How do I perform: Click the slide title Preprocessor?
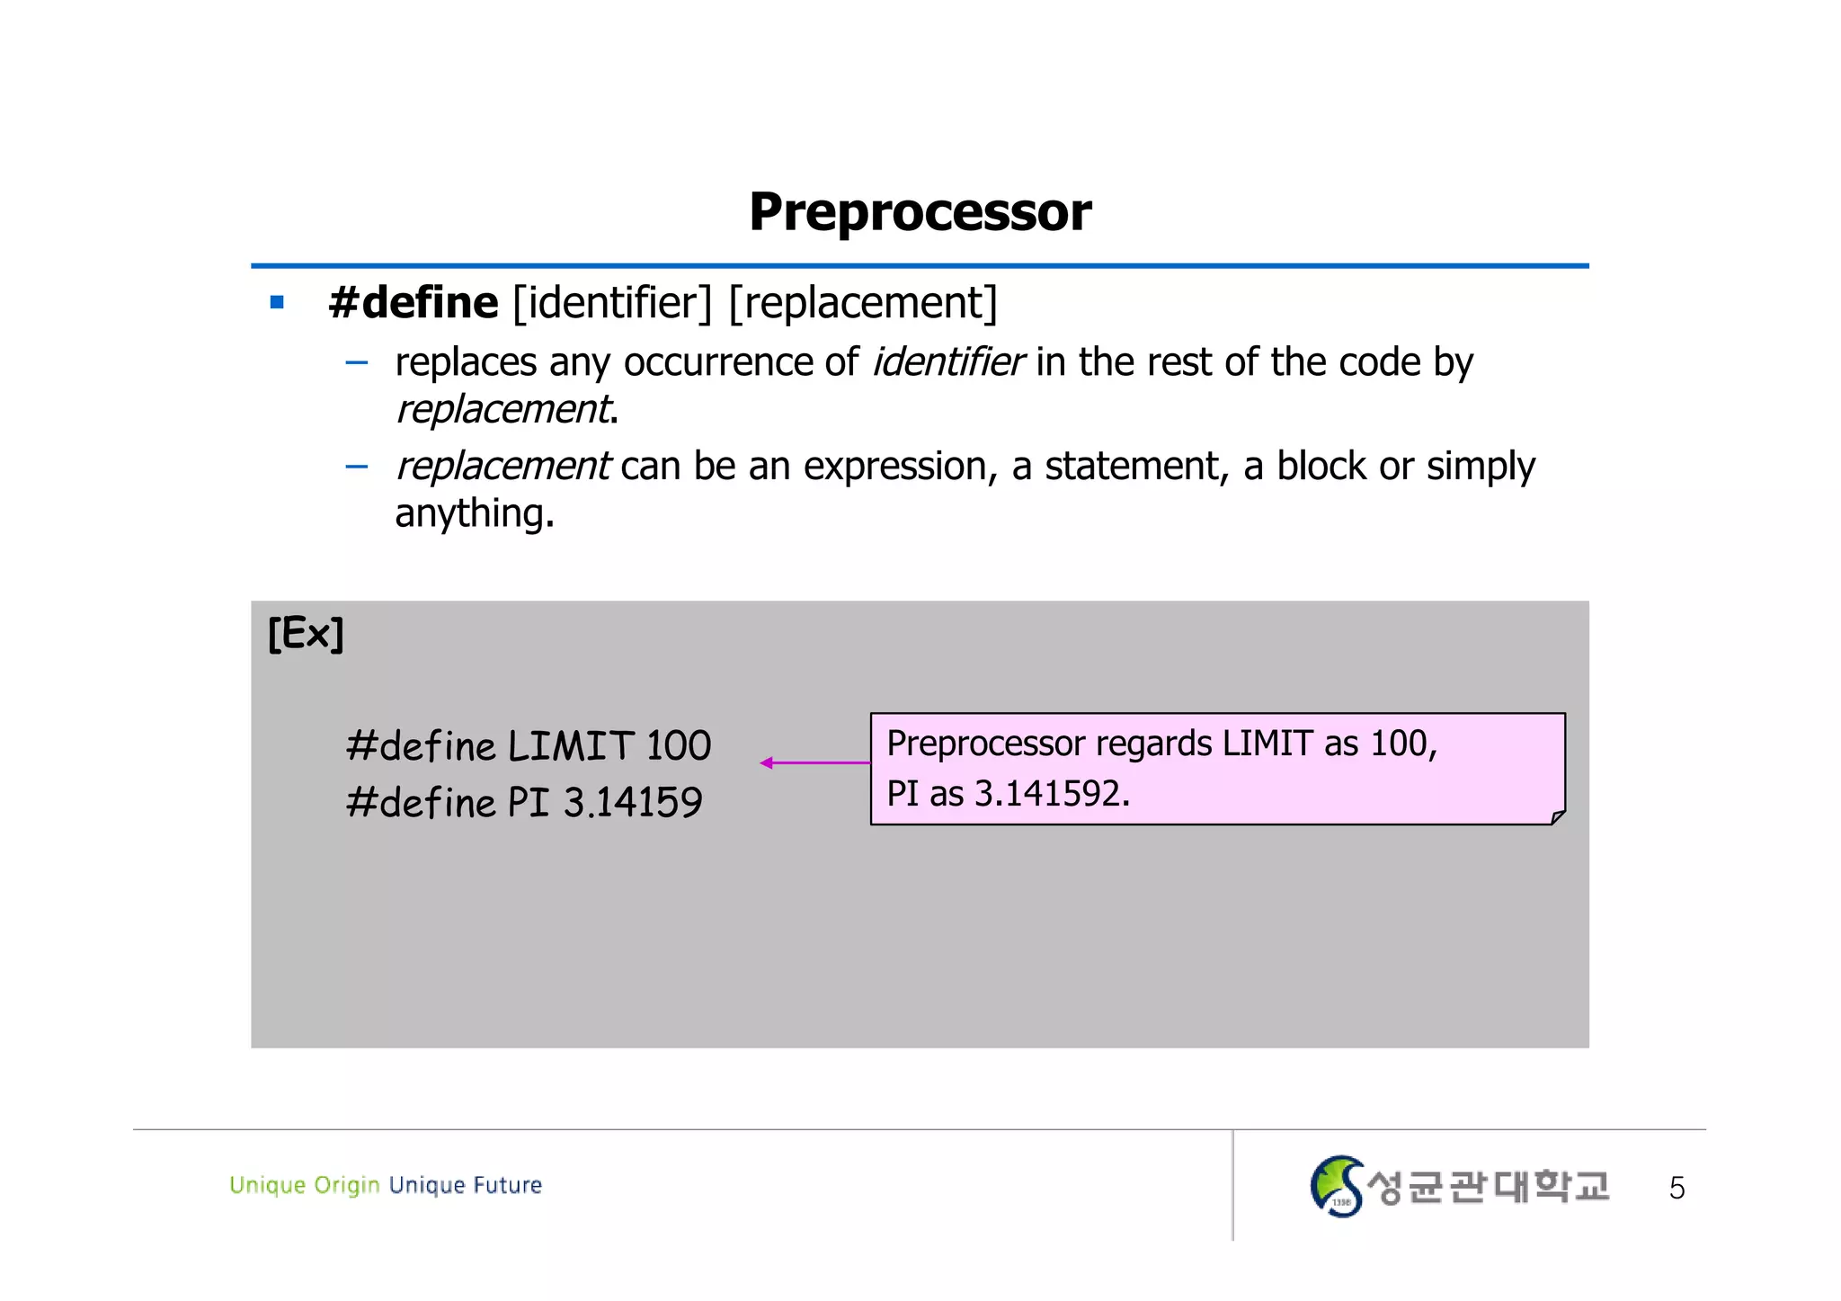(x=920, y=212)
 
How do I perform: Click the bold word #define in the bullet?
(x=414, y=303)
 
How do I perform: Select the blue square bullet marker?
(x=277, y=303)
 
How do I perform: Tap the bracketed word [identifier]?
(x=612, y=303)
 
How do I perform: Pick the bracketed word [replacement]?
(x=863, y=303)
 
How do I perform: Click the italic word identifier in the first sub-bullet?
(x=947, y=362)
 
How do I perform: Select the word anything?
(x=473, y=513)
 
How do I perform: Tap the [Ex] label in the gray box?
(x=306, y=634)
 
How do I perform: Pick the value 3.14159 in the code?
(x=633, y=802)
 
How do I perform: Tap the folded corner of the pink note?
(x=1558, y=816)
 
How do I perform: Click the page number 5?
(x=1676, y=1189)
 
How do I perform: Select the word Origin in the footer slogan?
(x=347, y=1185)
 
